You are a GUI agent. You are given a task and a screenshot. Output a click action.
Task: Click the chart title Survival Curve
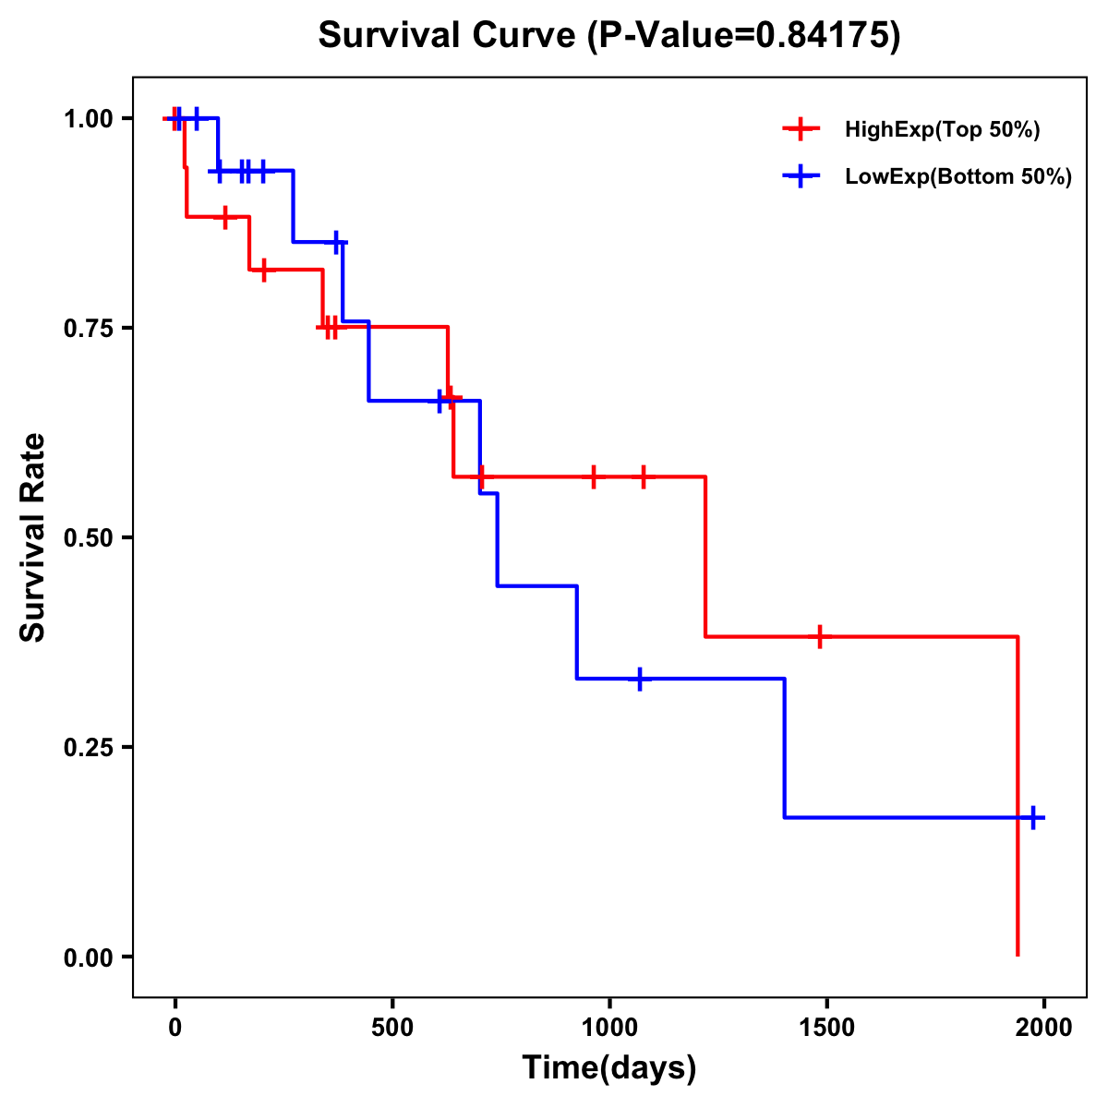click(608, 35)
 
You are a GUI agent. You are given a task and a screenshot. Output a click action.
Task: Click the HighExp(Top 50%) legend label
click(942, 130)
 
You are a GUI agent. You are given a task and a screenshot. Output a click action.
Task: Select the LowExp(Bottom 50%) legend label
click(958, 177)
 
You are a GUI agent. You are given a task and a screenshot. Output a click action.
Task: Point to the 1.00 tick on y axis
click(88, 119)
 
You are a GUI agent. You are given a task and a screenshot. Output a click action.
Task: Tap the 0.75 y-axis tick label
click(88, 329)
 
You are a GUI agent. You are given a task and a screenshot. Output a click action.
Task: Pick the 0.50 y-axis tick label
click(88, 538)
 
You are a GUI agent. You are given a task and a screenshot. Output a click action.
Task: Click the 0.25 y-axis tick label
click(88, 748)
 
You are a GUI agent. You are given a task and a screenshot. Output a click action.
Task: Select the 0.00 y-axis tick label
click(88, 957)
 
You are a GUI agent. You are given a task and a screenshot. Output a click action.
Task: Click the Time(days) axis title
click(609, 1068)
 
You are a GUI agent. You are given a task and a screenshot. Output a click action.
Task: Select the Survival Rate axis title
click(33, 537)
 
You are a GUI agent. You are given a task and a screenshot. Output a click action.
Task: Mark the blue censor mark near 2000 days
click(1033, 818)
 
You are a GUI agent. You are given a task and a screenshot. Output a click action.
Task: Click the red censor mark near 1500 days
click(819, 637)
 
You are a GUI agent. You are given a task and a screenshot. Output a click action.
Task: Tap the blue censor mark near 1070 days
click(640, 679)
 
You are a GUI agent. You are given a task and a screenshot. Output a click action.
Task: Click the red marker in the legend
click(801, 130)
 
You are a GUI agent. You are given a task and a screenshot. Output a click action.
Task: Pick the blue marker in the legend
click(801, 177)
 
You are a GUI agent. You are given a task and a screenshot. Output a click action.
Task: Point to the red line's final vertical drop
click(1018, 794)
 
